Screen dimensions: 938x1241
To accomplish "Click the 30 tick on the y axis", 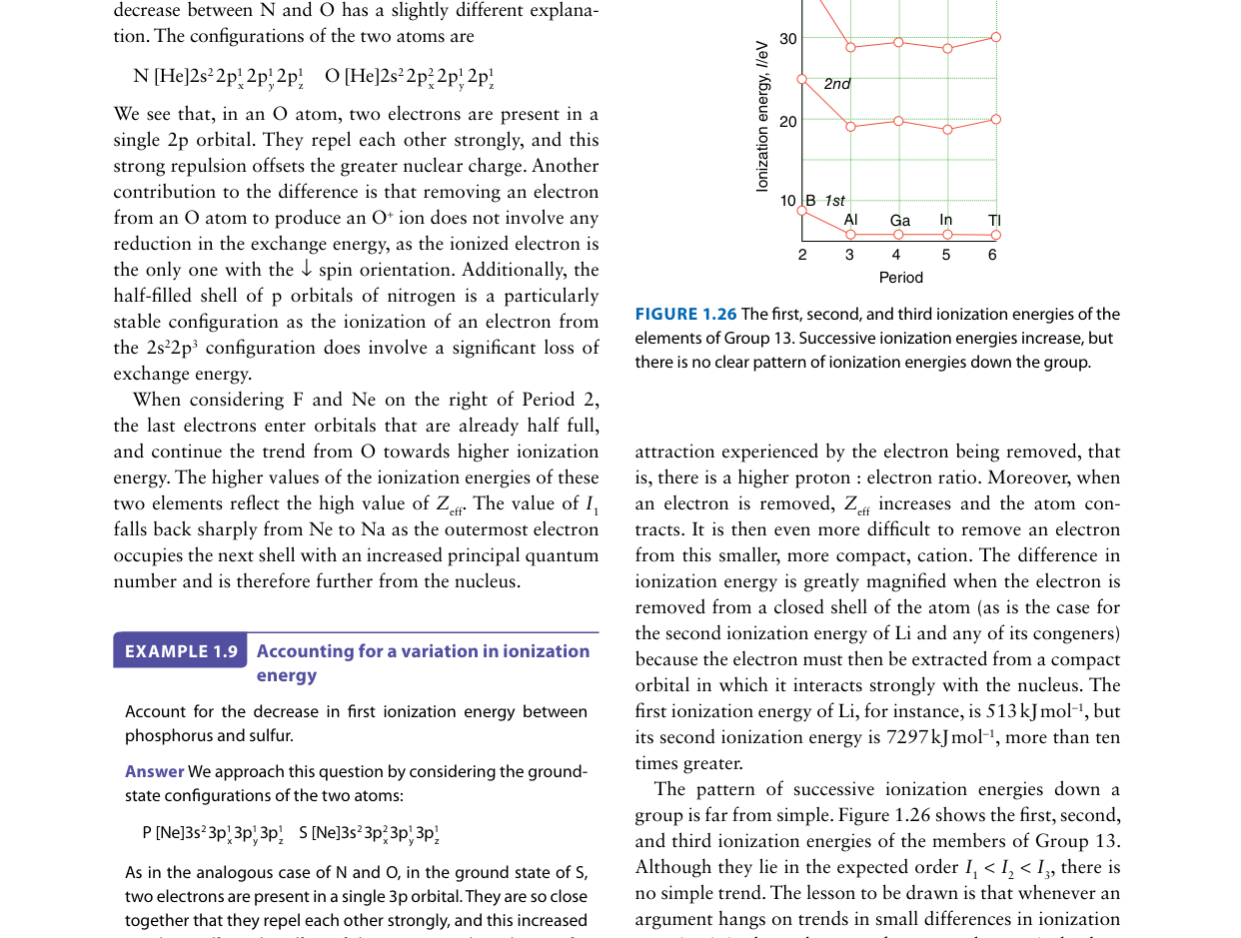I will point(788,39).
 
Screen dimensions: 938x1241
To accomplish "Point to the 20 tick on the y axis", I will point(788,122).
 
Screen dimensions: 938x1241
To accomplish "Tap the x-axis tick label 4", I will point(897,255).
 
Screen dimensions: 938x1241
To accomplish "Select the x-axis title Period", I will point(900,278).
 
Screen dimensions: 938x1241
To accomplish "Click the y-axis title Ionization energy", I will point(762,116).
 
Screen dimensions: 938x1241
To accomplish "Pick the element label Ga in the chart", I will point(899,221).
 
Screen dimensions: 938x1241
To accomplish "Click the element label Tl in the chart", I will point(994,221).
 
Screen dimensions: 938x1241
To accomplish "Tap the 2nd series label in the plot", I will point(837,84).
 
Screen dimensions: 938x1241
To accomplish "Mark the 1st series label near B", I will point(834,202).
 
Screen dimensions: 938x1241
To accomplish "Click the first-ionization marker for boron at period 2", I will point(801,210).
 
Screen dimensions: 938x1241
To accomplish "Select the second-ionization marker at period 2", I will point(801,79).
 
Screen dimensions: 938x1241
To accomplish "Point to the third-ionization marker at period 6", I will point(995,37).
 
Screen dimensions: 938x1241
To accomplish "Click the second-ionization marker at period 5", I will point(947,129).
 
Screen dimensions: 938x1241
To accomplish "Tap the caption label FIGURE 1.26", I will point(685,315).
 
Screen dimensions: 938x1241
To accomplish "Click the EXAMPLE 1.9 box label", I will point(181,651).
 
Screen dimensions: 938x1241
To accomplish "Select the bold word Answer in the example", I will point(154,772).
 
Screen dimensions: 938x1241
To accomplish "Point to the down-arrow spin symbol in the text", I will point(307,270).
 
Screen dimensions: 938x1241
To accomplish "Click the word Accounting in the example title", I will point(305,651).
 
